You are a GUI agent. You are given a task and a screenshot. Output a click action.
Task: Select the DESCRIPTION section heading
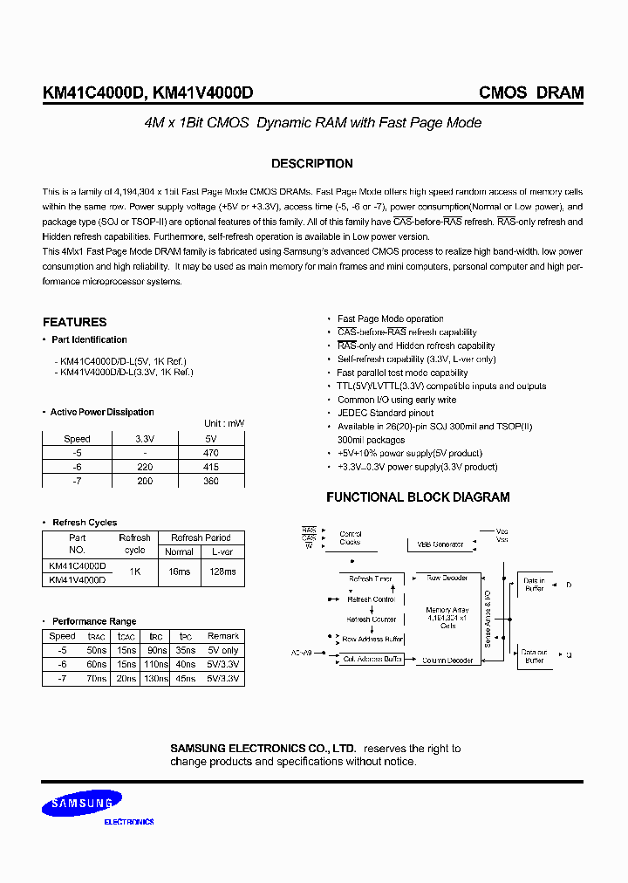point(312,163)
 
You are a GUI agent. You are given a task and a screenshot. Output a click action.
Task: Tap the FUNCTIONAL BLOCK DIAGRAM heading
point(418,497)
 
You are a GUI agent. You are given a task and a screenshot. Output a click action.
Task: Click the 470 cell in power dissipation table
point(210,454)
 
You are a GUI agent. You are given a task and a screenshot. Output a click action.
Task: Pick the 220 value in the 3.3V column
point(145,468)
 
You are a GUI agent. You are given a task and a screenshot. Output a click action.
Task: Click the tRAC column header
point(96,636)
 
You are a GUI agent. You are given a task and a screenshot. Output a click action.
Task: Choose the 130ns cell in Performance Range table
point(155,678)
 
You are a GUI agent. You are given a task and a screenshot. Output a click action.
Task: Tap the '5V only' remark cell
point(223,650)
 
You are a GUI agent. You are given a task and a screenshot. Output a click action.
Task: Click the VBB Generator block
point(440,544)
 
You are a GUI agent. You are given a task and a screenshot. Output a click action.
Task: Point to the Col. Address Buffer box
point(372,660)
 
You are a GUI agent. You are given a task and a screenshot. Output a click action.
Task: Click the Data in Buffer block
point(534,585)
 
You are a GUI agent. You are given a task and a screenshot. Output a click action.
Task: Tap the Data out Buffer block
point(534,656)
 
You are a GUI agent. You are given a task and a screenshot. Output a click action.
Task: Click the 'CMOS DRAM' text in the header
point(531,93)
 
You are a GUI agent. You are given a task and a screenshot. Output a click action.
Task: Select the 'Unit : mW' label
point(224,423)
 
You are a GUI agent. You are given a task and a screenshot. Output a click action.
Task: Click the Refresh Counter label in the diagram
point(372,619)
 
